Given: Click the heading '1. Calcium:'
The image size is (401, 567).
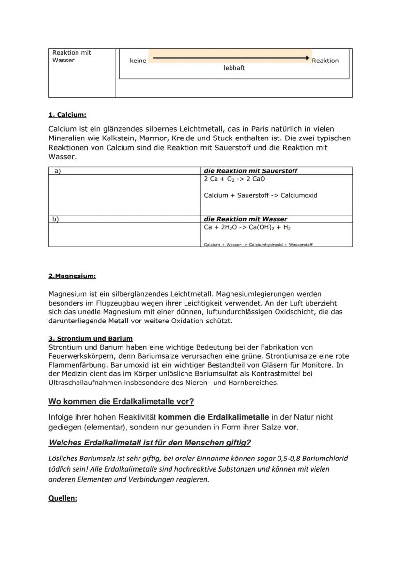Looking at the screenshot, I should (67, 115).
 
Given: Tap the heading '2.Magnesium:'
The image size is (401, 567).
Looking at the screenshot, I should (72, 276).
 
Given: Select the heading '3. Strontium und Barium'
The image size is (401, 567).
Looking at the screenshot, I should (91, 338).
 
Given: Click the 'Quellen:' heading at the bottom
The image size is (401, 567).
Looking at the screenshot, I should (62, 498).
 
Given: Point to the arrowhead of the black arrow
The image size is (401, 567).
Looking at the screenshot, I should (307, 58).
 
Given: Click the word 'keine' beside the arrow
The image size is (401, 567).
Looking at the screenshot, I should (138, 61).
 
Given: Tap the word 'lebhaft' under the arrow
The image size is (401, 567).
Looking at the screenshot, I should (234, 68).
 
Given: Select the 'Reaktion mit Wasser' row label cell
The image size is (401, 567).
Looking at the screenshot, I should (72, 57).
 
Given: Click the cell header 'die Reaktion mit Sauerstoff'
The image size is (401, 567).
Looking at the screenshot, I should (250, 171).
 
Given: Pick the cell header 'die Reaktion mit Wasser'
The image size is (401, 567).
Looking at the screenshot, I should (246, 219).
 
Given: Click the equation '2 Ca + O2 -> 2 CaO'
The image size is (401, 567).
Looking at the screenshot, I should (234, 179).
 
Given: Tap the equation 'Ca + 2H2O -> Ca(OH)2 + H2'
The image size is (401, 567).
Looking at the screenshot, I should (247, 227).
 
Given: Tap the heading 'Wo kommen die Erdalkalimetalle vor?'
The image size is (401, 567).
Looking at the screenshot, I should (121, 402).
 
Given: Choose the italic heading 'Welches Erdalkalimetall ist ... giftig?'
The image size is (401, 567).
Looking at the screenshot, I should (150, 443).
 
